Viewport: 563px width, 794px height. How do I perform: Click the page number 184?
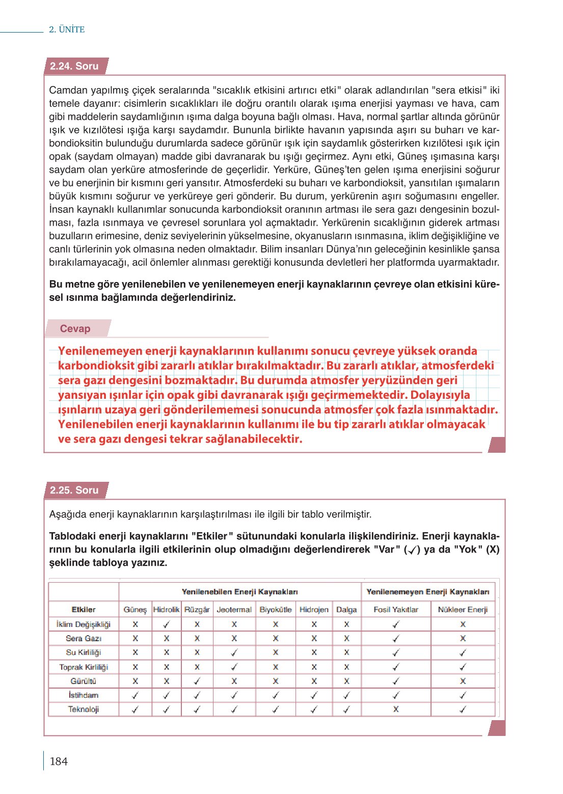click(59, 761)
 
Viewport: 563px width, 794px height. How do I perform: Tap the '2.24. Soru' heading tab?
click(74, 66)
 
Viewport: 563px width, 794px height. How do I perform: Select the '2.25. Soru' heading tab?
click(74, 490)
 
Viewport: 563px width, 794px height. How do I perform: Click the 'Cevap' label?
click(75, 329)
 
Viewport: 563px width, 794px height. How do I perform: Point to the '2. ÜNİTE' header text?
click(67, 30)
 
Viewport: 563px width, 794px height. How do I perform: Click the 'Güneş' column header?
click(135, 610)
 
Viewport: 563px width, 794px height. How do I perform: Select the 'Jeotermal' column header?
click(234, 610)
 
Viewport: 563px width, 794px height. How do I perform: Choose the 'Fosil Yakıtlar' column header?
click(396, 610)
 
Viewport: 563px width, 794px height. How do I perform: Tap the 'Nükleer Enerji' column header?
click(463, 610)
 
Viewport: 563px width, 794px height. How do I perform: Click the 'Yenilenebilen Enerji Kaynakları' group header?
click(240, 592)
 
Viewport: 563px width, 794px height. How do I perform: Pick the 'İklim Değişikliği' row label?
click(84, 624)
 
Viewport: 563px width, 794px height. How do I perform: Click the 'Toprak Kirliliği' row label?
click(84, 667)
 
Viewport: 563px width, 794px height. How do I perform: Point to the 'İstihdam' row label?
click(84, 695)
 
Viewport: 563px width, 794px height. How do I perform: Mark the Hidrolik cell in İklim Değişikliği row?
click(167, 624)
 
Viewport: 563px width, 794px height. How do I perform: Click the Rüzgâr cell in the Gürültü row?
click(197, 681)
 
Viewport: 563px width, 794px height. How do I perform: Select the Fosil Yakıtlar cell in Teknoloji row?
click(396, 709)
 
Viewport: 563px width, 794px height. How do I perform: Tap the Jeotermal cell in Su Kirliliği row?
click(234, 652)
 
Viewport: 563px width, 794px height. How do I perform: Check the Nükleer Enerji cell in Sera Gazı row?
click(463, 638)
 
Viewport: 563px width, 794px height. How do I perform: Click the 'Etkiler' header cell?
click(84, 610)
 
